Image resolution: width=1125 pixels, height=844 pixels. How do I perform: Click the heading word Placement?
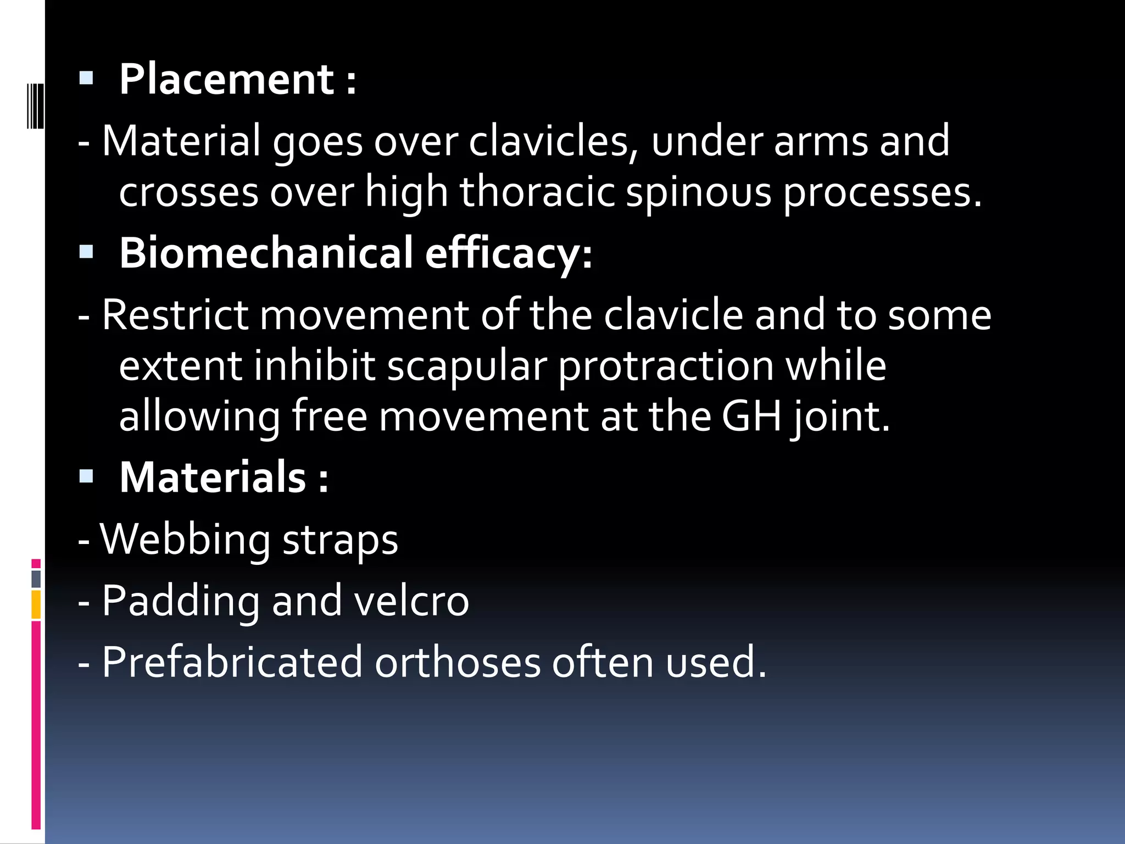226,80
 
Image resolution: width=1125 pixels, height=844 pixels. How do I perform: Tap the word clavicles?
553,141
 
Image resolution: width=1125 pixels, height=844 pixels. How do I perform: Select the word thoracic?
537,192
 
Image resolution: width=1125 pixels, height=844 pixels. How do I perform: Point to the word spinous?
699,192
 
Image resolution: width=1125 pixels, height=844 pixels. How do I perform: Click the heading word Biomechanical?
266,253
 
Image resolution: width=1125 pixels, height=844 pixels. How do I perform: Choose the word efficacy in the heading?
509,253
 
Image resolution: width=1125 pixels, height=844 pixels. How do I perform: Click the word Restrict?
175,315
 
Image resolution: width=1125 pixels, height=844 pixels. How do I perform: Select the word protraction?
666,366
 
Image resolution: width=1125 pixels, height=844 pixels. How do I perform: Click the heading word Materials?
213,477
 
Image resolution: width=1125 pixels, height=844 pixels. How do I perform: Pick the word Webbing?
185,540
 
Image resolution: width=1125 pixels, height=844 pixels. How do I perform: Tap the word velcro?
411,601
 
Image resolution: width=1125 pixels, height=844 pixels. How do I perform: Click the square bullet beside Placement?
86,78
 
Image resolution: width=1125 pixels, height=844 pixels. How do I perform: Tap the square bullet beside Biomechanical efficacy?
86,252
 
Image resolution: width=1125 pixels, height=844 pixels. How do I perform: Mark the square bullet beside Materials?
86,476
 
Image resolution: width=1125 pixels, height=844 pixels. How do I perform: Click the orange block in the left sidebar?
36,604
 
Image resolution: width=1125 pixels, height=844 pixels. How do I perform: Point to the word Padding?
181,601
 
